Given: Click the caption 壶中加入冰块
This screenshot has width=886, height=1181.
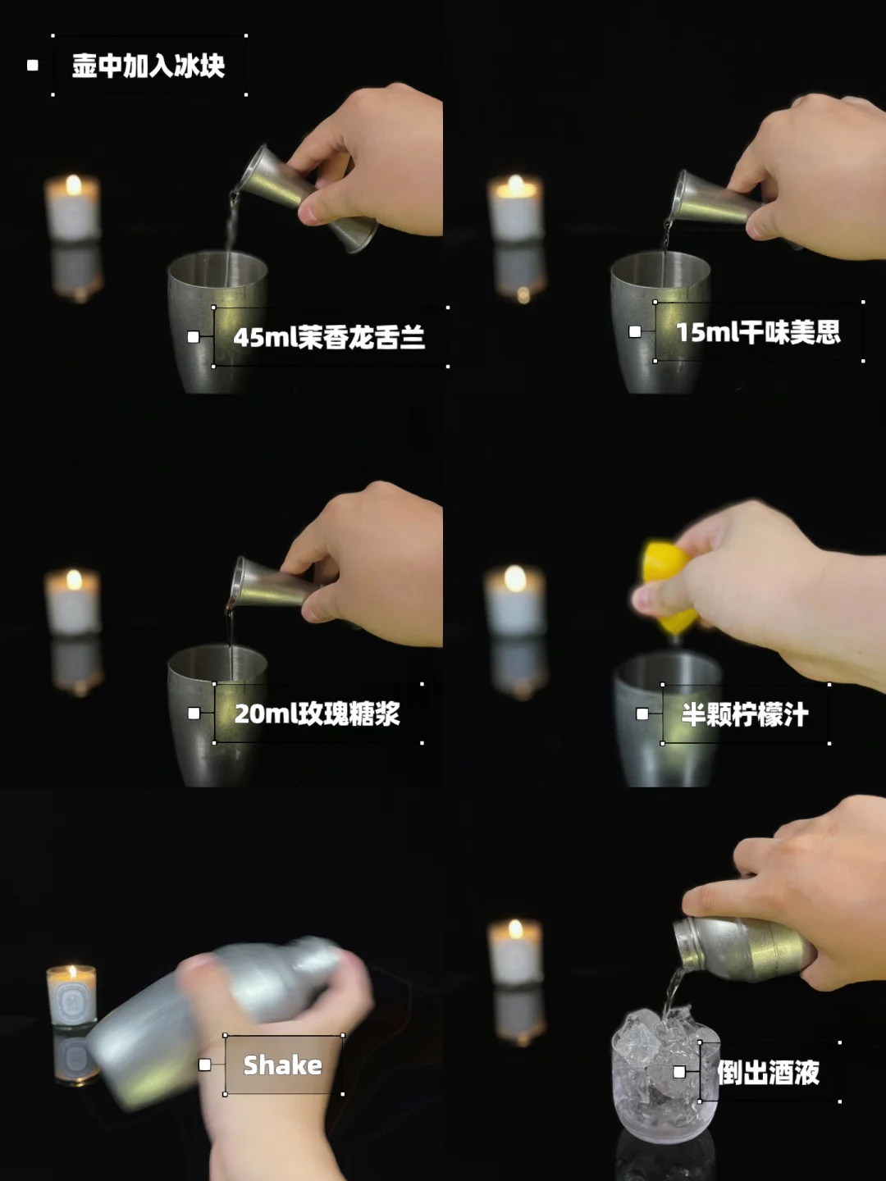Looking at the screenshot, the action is pos(148,66).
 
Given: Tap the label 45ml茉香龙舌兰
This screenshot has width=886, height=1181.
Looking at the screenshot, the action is pos(329,337).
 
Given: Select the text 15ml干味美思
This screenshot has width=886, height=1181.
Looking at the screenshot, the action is pos(758,332).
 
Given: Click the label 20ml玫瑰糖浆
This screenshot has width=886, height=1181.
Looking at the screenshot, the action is pos(317,714).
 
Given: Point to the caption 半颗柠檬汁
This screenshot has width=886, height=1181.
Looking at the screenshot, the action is pos(745,714).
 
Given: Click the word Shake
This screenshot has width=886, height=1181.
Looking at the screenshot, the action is pos(283,1065).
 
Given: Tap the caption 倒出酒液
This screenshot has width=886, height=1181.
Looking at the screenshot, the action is pos(768,1072).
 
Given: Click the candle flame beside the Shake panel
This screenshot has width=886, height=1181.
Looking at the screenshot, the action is pos(72,971).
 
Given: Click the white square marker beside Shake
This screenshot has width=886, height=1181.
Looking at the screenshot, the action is pos(204,1065).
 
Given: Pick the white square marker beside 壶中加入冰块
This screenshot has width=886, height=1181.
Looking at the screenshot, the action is pos(33,65).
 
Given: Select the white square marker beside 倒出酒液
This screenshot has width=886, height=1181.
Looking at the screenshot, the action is pos(679,1072).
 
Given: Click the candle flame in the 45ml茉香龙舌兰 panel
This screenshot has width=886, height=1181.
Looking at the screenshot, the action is pos(74,185).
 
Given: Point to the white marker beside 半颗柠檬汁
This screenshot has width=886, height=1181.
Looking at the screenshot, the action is pos(642,714).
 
